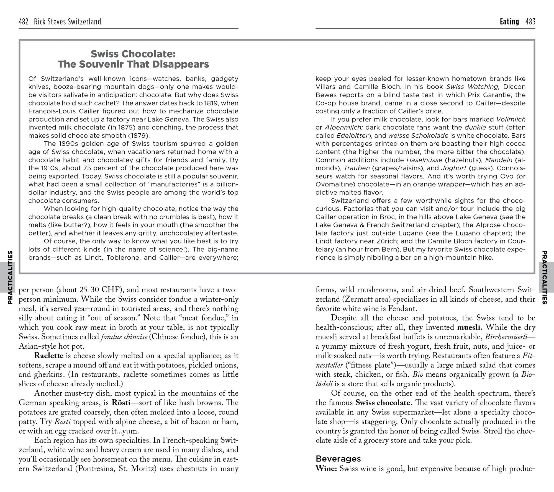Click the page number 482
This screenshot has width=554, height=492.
click(x=24, y=22)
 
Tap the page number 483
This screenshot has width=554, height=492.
click(x=530, y=22)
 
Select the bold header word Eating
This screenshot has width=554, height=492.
click(x=509, y=22)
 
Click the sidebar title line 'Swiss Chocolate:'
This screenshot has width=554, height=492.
click(x=133, y=53)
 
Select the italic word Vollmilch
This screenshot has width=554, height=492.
click(x=511, y=119)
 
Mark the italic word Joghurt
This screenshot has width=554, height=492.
click(x=453, y=168)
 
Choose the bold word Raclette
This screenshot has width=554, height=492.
click(x=49, y=356)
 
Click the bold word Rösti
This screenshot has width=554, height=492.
click(x=121, y=402)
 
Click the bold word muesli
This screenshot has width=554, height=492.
click(x=470, y=327)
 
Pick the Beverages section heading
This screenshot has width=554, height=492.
click(x=338, y=459)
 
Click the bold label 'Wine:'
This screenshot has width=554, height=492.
click(x=326, y=468)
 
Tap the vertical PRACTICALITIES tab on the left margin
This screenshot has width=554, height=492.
click(x=10, y=277)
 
